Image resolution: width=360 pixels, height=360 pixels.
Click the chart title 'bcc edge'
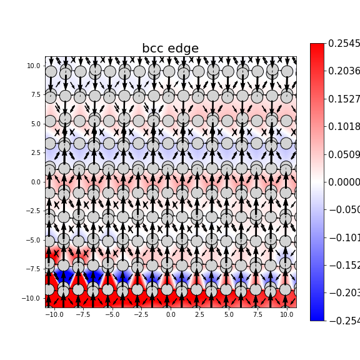coord(170,49)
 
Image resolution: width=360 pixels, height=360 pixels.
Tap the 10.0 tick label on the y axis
coord(34,66)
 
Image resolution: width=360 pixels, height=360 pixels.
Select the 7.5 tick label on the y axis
coord(35,95)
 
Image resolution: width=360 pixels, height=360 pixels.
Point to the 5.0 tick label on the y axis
coord(35,124)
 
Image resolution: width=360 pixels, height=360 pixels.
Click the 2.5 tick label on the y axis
coord(35,153)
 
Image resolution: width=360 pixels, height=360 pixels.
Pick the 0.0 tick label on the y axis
coord(35,182)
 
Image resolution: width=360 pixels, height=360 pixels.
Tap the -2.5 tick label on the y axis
coord(33,211)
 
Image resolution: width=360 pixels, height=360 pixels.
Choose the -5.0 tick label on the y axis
coord(33,240)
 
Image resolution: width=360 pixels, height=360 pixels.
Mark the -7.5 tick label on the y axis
coord(33,269)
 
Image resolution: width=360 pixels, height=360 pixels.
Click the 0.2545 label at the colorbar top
coord(344,44)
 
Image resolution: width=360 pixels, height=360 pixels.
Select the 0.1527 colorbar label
coord(344,99)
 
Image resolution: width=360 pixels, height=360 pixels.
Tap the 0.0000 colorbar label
coord(344,182)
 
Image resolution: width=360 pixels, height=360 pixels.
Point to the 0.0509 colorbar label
coord(344,154)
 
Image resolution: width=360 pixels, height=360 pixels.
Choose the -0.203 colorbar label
coord(344,293)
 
